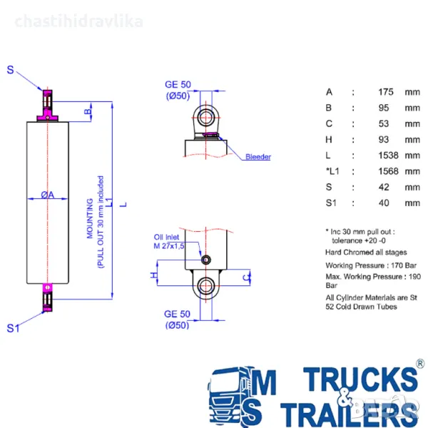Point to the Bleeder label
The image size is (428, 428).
point(258,157)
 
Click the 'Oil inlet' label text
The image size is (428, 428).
point(168,237)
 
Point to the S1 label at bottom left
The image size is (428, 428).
point(13,328)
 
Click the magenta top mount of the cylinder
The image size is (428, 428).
point(47,106)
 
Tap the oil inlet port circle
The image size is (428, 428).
point(206,260)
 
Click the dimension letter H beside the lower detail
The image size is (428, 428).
point(153,275)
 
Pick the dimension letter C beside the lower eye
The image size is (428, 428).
point(245,275)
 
